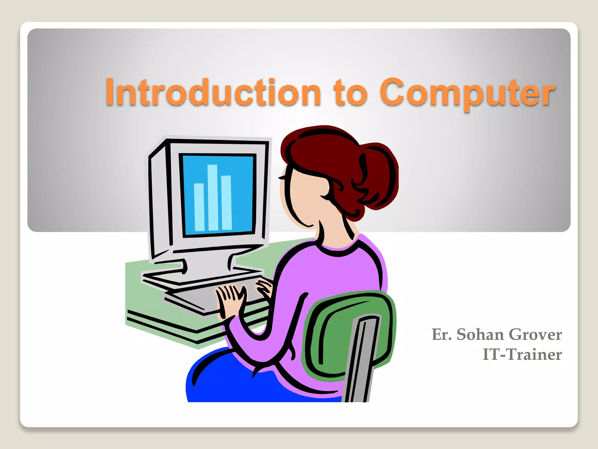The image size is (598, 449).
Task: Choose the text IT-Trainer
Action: point(522,355)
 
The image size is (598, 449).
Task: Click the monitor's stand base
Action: point(201,275)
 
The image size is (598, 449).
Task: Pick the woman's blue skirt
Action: point(234,380)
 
